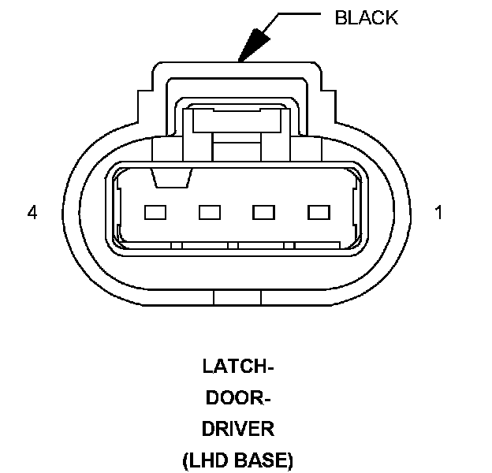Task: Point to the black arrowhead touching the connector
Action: [252, 47]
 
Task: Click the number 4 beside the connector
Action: [32, 213]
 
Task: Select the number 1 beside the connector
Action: [439, 213]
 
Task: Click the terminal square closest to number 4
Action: [155, 212]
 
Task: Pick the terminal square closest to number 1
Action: [318, 212]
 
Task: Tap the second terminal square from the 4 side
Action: [209, 212]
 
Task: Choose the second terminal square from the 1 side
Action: [263, 212]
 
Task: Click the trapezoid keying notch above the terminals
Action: [171, 179]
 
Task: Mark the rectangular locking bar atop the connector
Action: [237, 121]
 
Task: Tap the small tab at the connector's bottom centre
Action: [237, 297]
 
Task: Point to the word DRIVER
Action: [238, 430]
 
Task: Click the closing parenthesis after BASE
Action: [289, 461]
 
